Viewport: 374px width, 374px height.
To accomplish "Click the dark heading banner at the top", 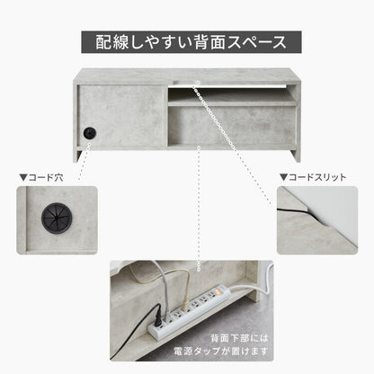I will point(186,41).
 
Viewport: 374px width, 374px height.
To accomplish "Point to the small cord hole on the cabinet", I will point(89,132).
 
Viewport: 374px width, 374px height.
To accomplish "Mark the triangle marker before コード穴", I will point(22,178).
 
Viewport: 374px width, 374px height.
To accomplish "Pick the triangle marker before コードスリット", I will point(283,178).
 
